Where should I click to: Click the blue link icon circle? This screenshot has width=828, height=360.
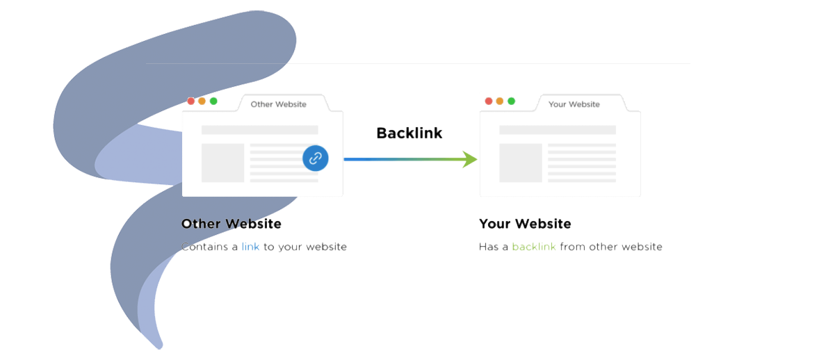315,158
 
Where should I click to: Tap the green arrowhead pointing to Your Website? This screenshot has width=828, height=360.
471,159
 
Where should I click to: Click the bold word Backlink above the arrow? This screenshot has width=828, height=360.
409,133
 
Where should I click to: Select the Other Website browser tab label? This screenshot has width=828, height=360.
278,104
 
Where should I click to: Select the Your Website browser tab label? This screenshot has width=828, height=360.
574,104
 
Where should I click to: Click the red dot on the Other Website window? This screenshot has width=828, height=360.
191,101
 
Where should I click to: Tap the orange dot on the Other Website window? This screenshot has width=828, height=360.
202,101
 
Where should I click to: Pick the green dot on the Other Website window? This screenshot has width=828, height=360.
213,101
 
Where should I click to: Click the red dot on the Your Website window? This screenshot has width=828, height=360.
489,101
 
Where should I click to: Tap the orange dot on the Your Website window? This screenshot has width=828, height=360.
500,101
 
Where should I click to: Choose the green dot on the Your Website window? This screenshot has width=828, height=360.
511,101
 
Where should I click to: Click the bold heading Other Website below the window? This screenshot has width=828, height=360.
232,224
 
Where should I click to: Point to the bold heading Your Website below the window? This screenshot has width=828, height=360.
525,224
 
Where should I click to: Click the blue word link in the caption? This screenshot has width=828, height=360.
250,247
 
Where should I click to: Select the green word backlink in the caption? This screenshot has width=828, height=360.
534,247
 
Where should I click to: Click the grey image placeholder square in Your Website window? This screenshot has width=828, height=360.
521,163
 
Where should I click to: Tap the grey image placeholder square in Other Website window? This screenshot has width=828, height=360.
222,163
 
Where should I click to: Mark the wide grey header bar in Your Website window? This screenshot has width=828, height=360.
558,130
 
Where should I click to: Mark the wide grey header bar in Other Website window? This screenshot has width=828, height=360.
259,130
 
